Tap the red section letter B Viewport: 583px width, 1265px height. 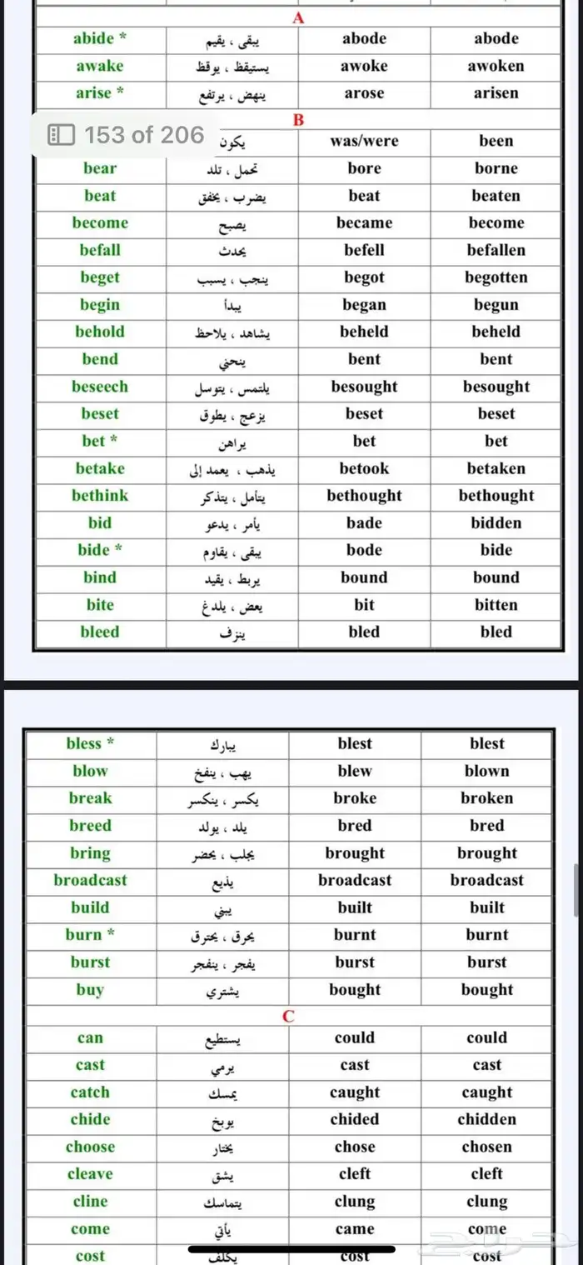(299, 120)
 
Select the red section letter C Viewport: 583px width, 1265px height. (289, 1016)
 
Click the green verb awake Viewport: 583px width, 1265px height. (99, 66)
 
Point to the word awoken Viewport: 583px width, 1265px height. (496, 66)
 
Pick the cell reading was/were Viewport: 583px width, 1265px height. (364, 141)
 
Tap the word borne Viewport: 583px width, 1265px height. (496, 168)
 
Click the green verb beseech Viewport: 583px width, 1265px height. (100, 387)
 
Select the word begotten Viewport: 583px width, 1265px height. (496, 277)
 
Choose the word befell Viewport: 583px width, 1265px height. (364, 250)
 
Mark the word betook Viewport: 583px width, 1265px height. (364, 468)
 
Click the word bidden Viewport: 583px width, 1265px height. (496, 523)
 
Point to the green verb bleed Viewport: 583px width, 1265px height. (100, 632)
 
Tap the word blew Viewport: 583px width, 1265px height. (355, 771)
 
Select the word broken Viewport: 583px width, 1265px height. (486, 797)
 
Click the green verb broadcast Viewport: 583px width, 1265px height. (90, 880)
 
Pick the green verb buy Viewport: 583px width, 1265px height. (90, 990)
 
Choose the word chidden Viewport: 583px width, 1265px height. (486, 1119)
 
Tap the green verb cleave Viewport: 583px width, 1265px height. (90, 1174)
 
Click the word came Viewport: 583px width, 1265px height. (355, 1229)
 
